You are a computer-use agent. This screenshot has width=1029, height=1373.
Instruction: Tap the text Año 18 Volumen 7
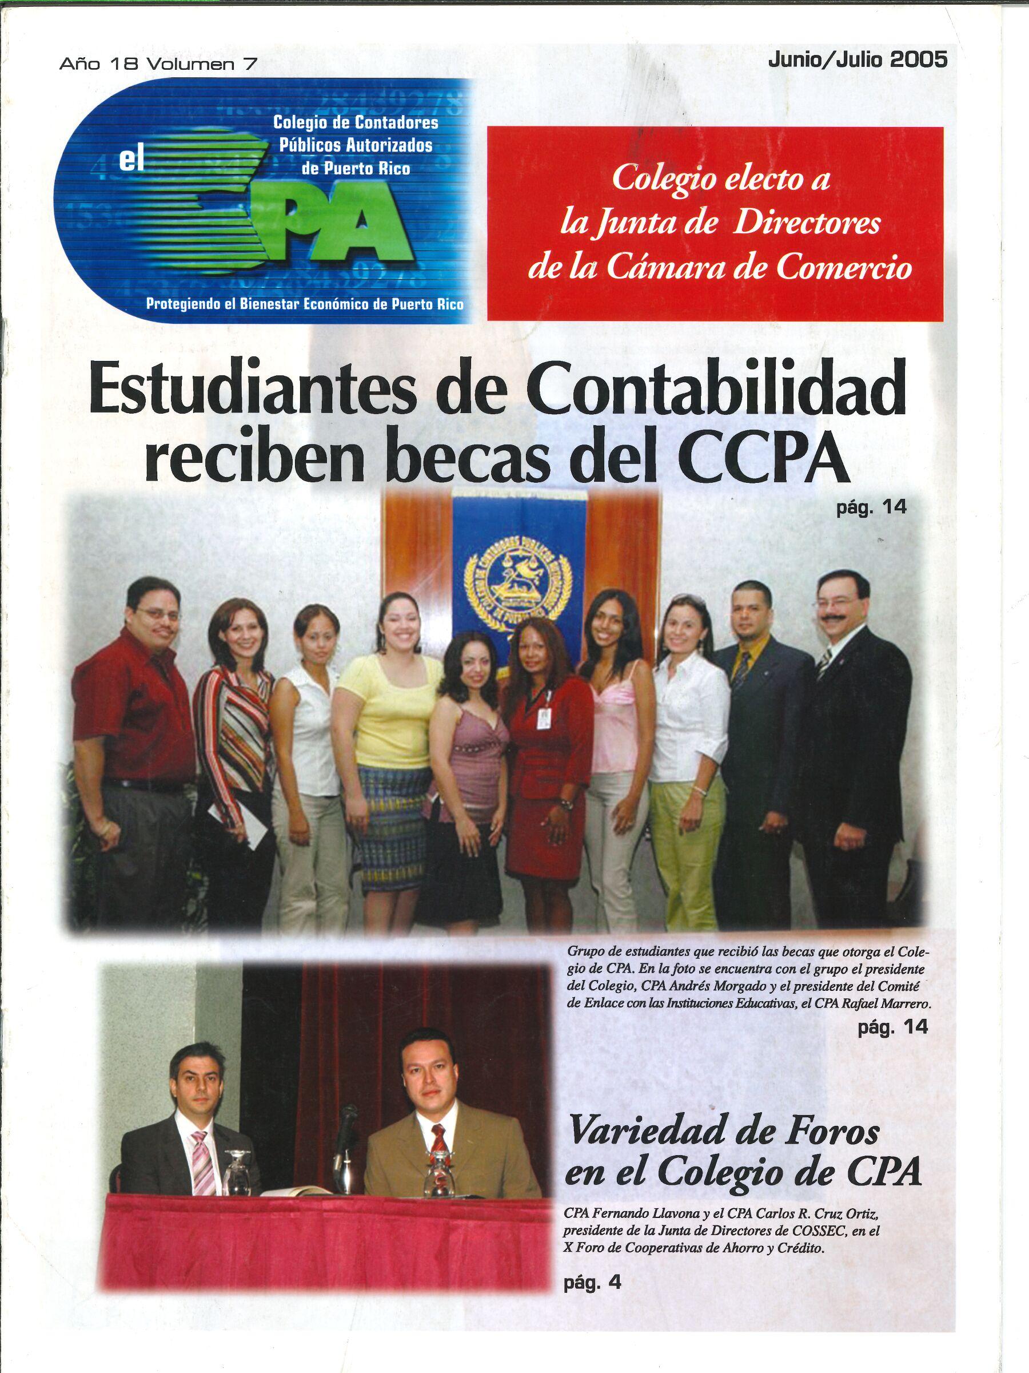pos(158,64)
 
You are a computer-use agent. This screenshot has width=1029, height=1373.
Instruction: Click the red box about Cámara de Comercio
pos(715,224)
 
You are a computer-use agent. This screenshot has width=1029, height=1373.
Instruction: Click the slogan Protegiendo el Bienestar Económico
pos(304,304)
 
